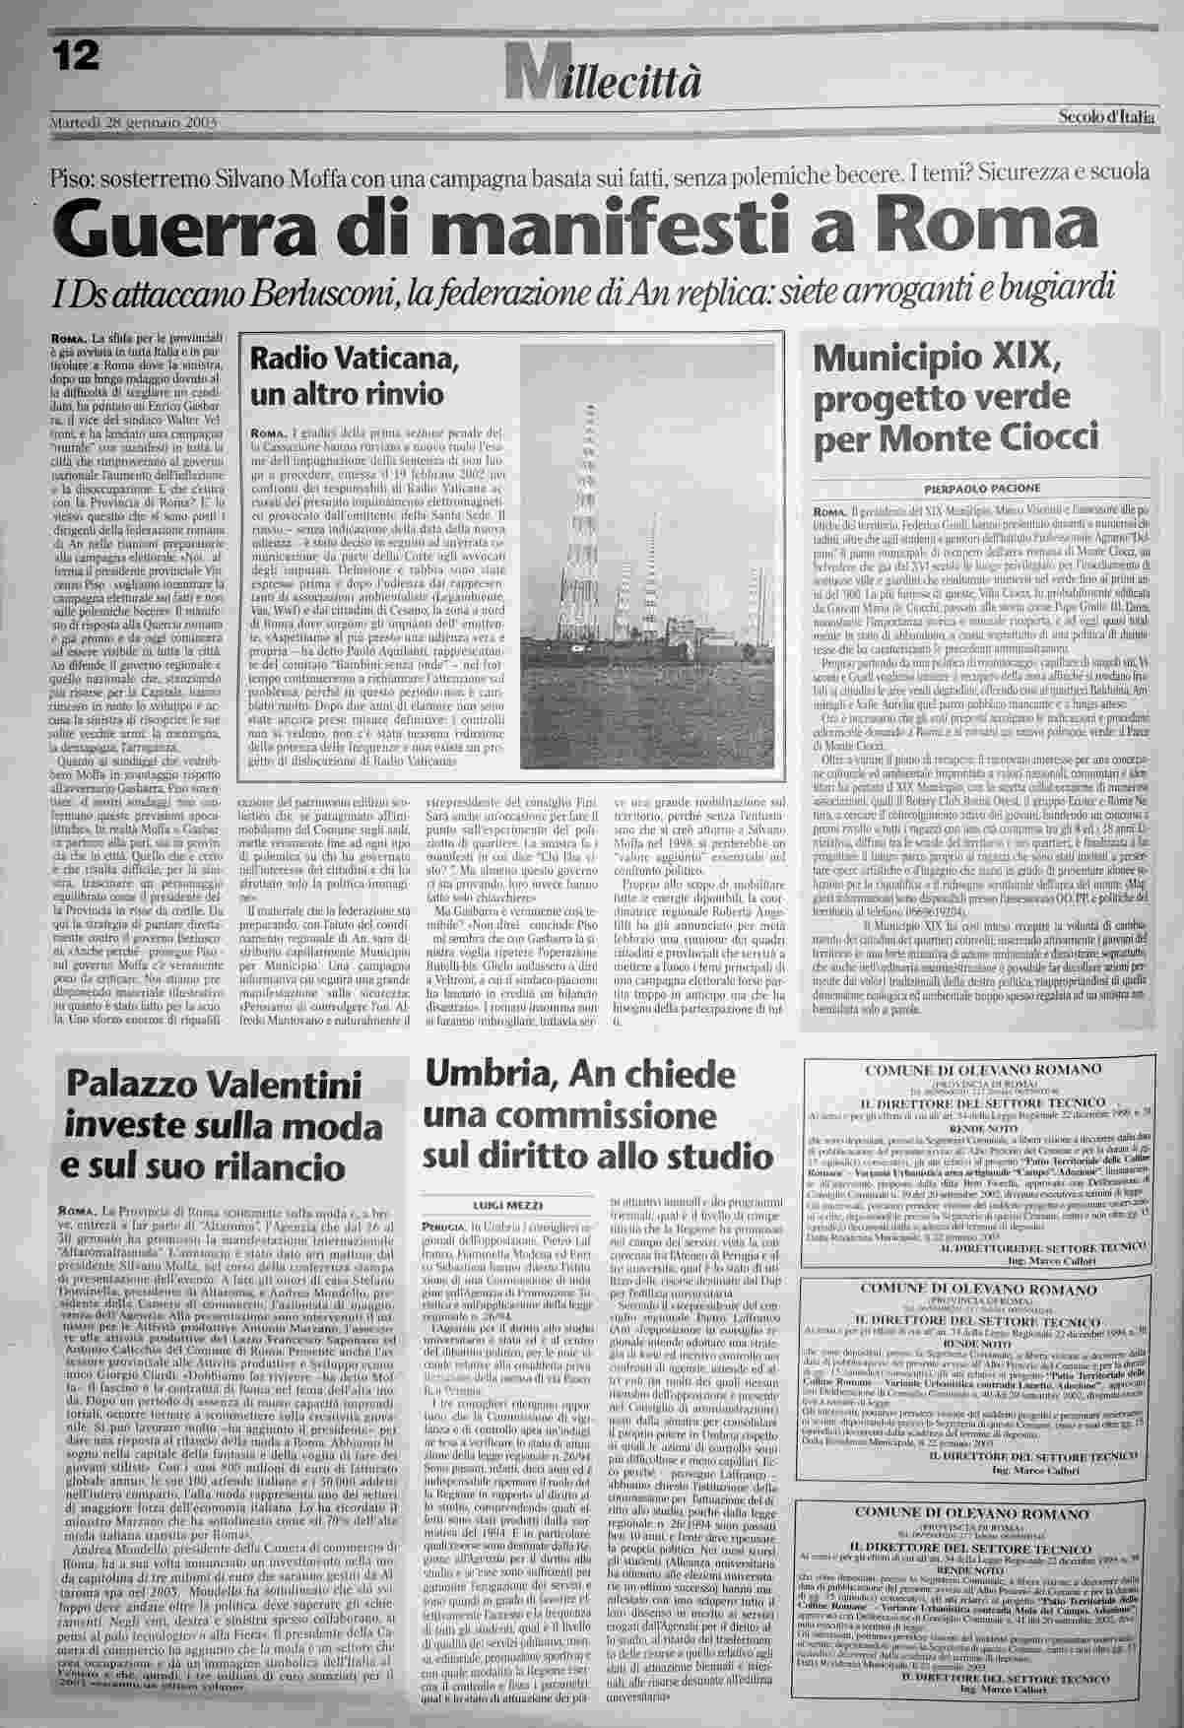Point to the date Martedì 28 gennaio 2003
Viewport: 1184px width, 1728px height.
coord(133,123)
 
